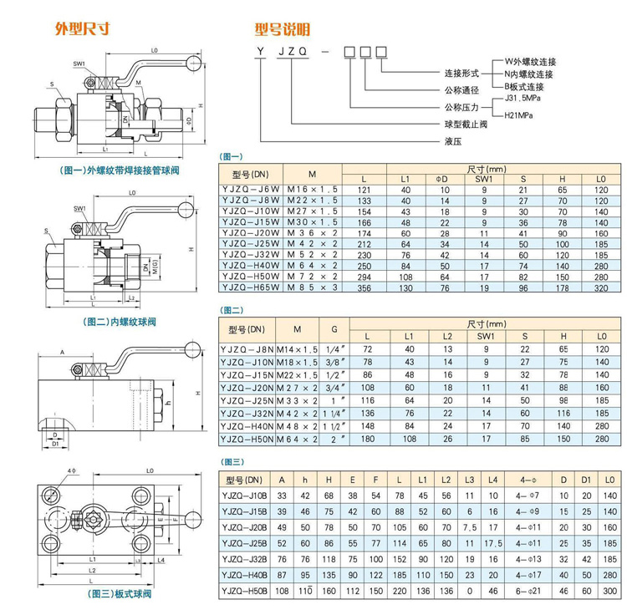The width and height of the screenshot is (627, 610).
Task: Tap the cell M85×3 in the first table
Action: click(313, 286)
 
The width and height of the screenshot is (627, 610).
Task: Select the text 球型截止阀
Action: click(465, 125)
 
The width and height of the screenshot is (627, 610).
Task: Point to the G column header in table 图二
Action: click(334, 328)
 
